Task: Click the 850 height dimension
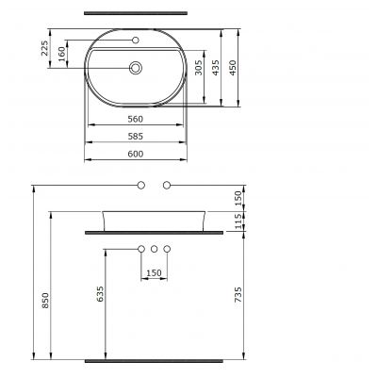45,300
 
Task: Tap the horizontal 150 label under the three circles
155,273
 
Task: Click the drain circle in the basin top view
138,68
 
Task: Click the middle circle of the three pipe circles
155,249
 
